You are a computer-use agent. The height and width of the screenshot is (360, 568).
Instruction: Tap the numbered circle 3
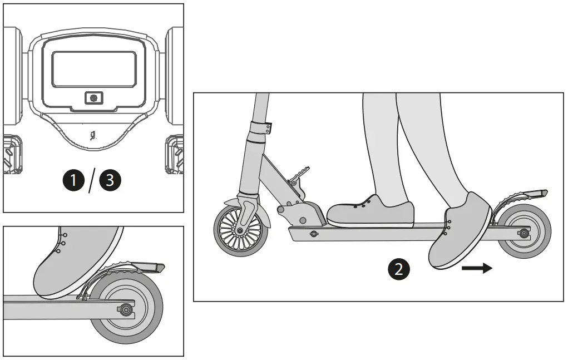coord(109,181)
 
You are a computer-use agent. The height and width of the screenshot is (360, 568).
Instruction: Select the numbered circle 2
coord(398,269)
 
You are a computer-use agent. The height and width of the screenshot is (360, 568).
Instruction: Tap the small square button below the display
coord(93,98)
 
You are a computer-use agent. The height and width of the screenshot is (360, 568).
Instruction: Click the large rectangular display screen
coord(94,69)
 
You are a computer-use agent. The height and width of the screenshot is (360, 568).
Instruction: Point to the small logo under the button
coord(93,135)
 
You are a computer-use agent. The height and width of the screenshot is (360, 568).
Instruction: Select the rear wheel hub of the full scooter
coord(523,233)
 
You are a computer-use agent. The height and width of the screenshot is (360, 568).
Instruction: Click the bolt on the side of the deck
coord(313,234)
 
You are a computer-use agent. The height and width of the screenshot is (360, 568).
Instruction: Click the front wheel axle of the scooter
coord(240,230)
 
